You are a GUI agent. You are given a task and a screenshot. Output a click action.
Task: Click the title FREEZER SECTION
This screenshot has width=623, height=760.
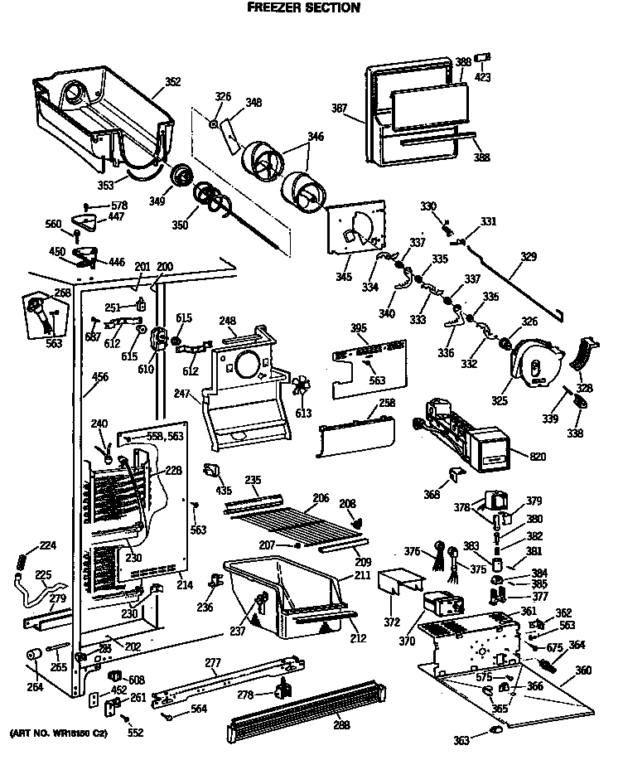coord(304,8)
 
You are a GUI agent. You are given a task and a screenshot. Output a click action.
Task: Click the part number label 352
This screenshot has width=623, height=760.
coord(172,81)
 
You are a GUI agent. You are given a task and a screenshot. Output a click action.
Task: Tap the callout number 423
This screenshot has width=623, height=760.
coord(482,77)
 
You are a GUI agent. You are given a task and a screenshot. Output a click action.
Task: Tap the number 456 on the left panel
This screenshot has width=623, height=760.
coord(100,378)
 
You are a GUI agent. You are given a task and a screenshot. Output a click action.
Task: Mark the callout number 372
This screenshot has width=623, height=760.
coord(391,622)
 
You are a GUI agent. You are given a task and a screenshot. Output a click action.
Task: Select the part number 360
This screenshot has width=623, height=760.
coord(583,670)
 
